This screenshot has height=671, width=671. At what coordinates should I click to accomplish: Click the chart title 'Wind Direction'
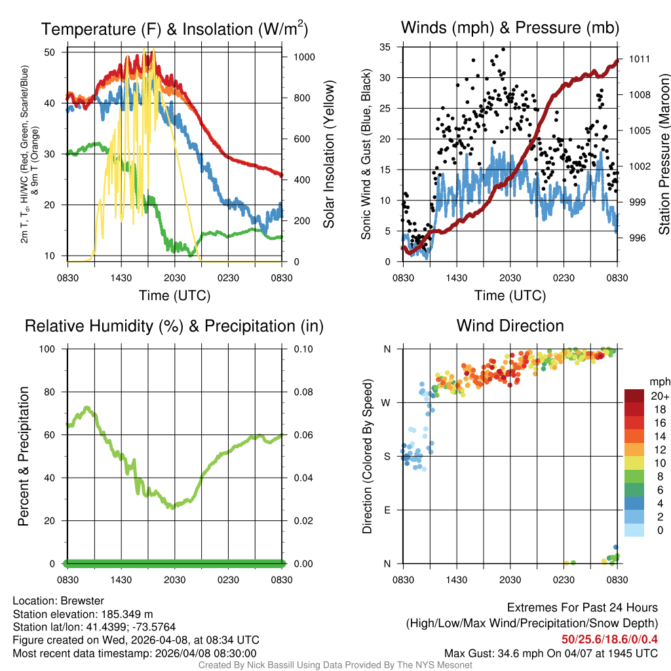click(x=510, y=326)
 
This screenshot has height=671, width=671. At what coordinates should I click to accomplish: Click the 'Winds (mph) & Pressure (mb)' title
click(x=510, y=28)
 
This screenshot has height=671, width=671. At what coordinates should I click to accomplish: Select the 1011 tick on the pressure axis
click(x=639, y=59)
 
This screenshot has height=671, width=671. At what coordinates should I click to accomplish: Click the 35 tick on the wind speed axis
click(x=385, y=47)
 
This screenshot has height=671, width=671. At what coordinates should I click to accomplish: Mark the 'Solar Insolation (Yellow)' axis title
click(x=329, y=154)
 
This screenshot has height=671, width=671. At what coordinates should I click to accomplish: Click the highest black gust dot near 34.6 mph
click(x=503, y=48)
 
